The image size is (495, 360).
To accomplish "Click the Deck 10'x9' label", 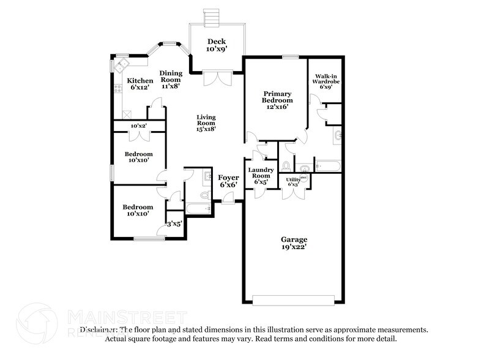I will [217, 46].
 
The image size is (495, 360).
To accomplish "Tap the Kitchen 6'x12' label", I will [140, 84].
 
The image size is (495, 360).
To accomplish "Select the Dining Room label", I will [171, 80].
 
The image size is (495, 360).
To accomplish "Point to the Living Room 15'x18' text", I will [206, 122].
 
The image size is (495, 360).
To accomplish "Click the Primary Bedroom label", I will [277, 100].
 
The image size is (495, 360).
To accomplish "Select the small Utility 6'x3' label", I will [292, 181].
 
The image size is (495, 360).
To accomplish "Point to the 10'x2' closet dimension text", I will [138, 126].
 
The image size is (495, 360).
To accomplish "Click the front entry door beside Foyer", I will [228, 198].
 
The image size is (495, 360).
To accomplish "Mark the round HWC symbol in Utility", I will [303, 178].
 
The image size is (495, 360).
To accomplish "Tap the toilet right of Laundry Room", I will [286, 165].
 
